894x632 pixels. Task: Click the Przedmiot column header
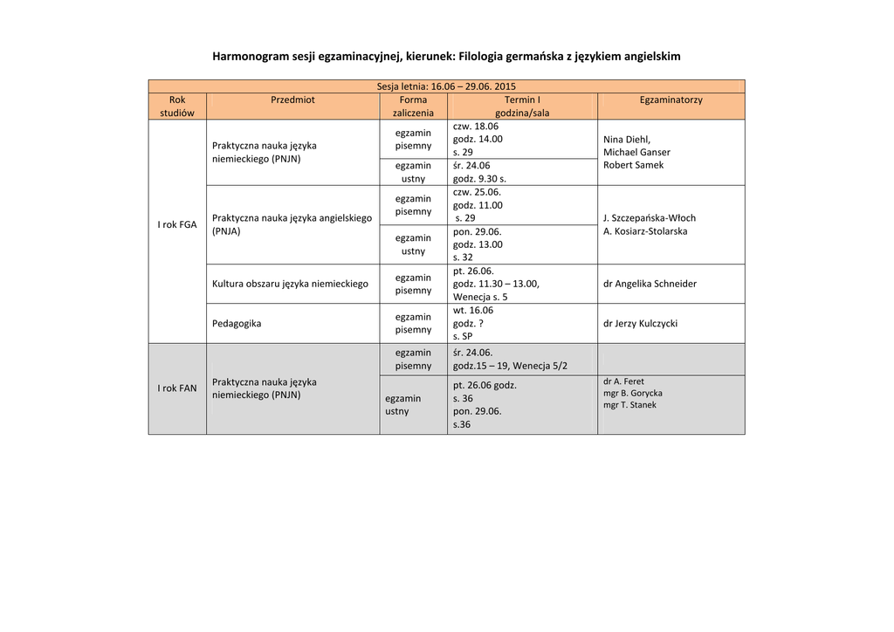click(x=292, y=100)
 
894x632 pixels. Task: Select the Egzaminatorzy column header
click(x=670, y=100)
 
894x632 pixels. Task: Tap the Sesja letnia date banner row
click(x=446, y=86)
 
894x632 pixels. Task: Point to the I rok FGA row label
click(x=177, y=225)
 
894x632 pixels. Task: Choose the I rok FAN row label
click(x=177, y=388)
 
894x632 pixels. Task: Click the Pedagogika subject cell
click(x=237, y=324)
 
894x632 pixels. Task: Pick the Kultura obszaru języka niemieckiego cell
click(x=290, y=284)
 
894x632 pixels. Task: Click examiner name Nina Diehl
click(x=627, y=140)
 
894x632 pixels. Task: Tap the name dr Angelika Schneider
click(x=650, y=284)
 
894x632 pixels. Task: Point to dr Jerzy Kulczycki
click(x=640, y=324)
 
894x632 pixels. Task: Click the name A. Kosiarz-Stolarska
click(x=645, y=231)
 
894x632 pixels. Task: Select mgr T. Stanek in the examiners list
click(x=629, y=405)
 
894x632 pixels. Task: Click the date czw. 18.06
click(x=476, y=127)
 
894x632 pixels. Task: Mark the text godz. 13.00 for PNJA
click(x=478, y=244)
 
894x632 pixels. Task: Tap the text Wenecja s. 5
click(x=480, y=297)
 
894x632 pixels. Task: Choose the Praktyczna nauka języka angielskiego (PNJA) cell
click(x=292, y=224)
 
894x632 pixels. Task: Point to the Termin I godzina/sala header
click(x=522, y=106)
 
